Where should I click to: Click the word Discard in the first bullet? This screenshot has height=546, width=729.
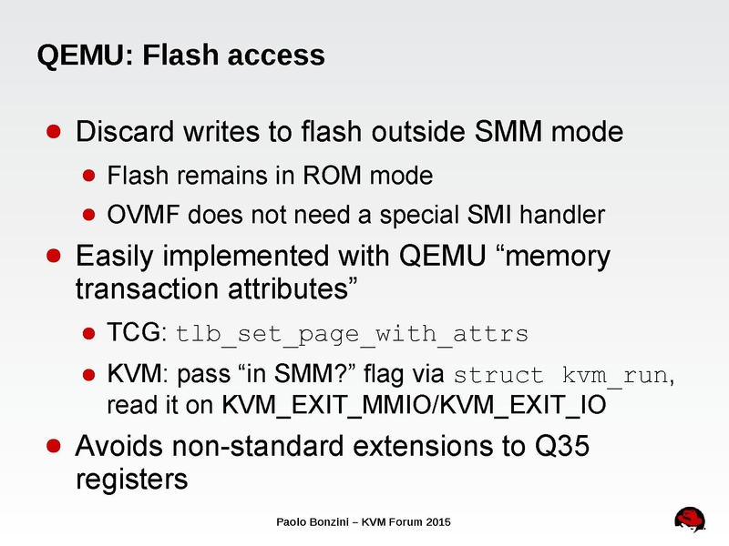pyautogui.click(x=118, y=133)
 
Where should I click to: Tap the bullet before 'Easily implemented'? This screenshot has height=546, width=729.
pyautogui.click(x=55, y=257)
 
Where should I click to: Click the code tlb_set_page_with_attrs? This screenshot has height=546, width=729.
pyautogui.click(x=352, y=334)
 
